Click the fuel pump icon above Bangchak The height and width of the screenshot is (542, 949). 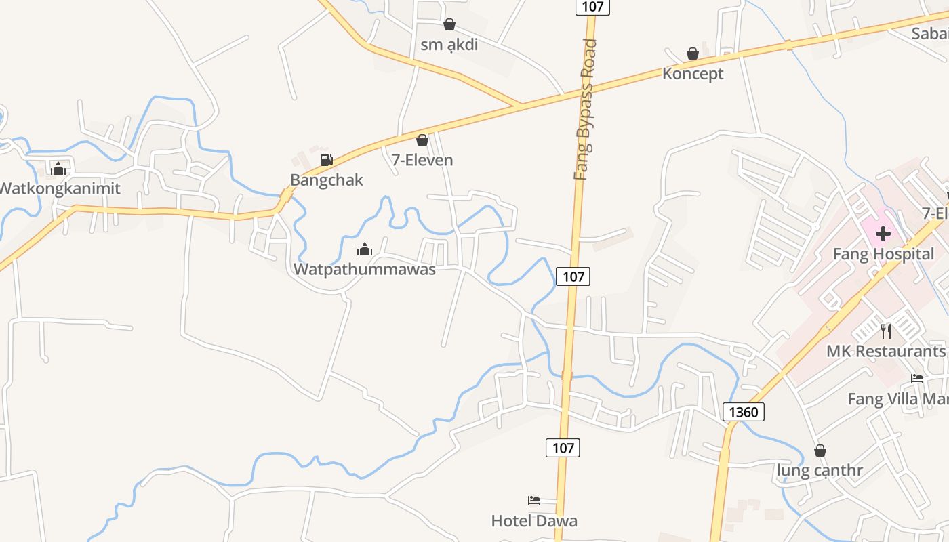coord(326,160)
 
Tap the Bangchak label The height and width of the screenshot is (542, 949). coord(326,180)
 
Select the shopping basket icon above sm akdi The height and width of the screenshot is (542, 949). coord(449,25)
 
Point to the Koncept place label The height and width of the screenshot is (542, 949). coord(693,74)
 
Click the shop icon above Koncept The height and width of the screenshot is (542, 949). coord(693,54)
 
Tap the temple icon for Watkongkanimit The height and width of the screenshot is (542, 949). coord(58,168)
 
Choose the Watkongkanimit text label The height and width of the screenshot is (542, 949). coord(60,188)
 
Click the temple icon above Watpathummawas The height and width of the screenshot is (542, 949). coord(365,249)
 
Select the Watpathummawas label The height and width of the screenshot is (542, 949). coord(364,269)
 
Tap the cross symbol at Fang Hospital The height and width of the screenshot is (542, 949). coord(883,234)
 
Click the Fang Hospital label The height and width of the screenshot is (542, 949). coord(883,254)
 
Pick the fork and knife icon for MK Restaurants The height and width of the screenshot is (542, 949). coord(885,331)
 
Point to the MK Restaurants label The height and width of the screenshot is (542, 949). coord(885,351)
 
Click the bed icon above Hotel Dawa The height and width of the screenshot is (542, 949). coord(534,501)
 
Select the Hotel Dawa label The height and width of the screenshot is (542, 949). coord(534,521)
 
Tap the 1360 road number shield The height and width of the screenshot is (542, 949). coord(744,411)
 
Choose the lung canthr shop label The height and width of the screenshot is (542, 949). coord(820,471)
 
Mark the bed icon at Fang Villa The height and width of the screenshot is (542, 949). coord(917,378)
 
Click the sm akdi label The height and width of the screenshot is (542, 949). coord(449,45)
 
